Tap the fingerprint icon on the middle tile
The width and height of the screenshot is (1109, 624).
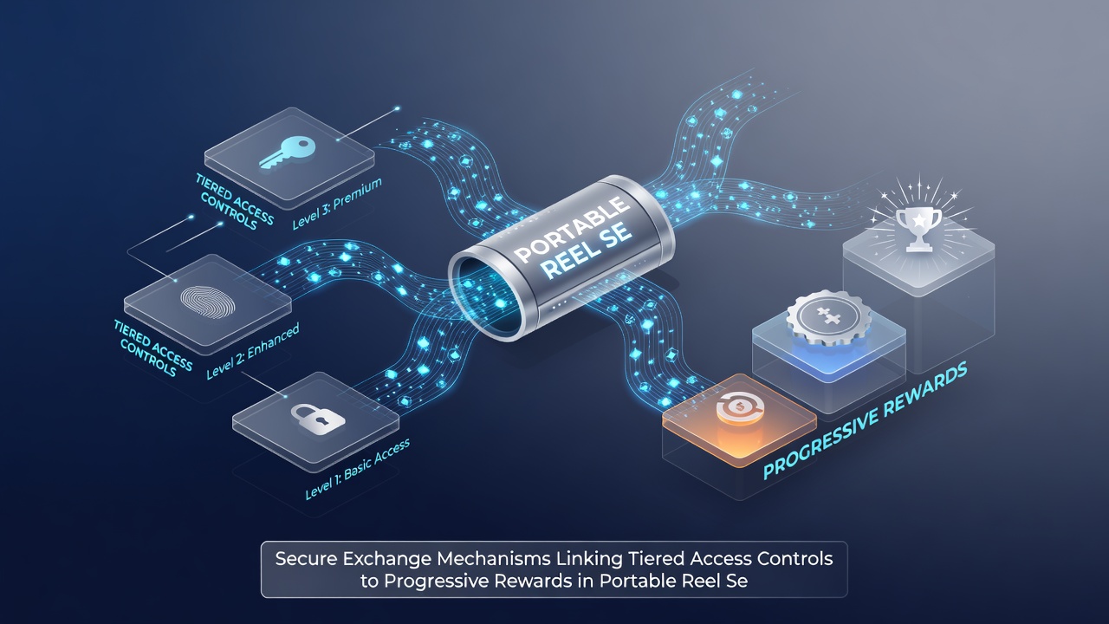point(208,301)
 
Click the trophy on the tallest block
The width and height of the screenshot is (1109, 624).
point(918,230)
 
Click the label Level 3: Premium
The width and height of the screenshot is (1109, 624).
point(337,204)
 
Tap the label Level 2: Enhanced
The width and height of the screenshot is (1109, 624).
point(252,351)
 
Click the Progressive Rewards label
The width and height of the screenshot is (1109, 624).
point(865,421)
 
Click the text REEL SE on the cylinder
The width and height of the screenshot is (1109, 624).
point(587,251)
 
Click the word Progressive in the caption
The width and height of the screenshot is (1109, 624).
point(436,582)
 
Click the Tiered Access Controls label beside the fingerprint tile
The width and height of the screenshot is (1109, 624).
point(153,348)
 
